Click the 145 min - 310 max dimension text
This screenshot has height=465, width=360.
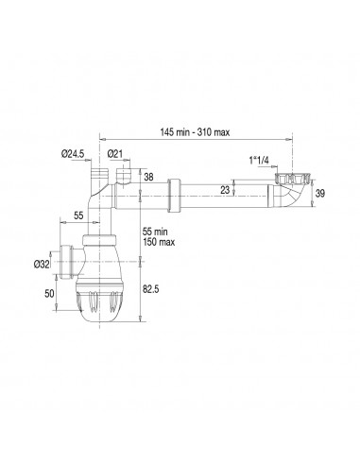point(195,132)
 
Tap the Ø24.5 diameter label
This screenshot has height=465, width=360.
point(73,154)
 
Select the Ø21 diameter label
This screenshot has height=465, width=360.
point(114,154)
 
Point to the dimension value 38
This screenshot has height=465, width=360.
point(148,177)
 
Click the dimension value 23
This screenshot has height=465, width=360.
point(225,190)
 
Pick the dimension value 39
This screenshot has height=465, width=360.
point(319,193)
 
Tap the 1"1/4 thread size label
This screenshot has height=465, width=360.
point(259,161)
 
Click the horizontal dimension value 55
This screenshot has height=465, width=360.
point(78,215)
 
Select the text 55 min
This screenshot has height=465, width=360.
point(155,232)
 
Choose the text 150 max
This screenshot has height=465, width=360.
point(159,242)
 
